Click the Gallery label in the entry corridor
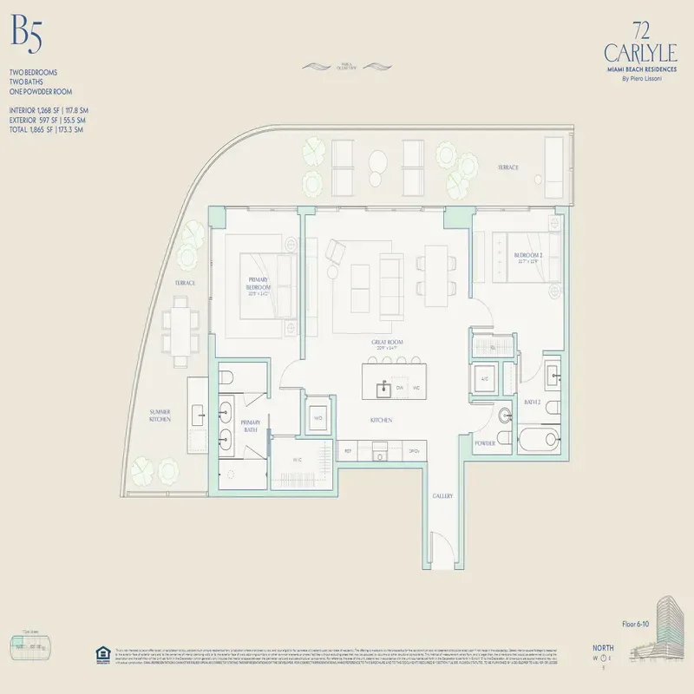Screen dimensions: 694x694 (443, 495)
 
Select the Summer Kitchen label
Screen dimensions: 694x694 (159, 415)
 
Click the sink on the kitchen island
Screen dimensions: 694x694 (382, 390)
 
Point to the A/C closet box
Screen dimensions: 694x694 (485, 378)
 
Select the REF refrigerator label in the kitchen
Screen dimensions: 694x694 (348, 451)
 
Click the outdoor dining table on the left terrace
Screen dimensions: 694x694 (180, 331)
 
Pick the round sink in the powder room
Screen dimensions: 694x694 (507, 416)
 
